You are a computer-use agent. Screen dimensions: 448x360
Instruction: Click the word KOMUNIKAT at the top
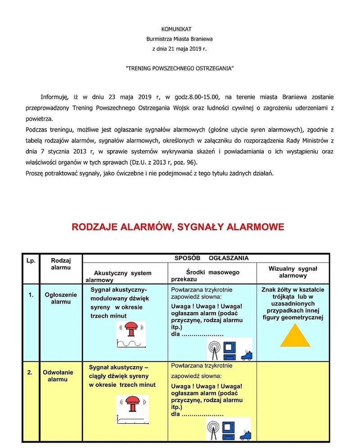coord(179,29)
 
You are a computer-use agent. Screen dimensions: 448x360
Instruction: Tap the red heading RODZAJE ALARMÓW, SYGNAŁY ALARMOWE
coord(178,227)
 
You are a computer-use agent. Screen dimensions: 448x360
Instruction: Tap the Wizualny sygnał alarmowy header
coord(292,272)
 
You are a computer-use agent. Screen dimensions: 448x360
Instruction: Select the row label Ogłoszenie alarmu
coord(61,298)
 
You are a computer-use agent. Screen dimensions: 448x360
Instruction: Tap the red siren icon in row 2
coord(132,403)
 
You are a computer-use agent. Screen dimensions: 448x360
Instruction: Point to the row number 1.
coord(31,295)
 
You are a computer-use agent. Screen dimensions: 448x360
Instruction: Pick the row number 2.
coord(30,372)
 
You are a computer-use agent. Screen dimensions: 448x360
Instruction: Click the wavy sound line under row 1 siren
coord(131,344)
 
